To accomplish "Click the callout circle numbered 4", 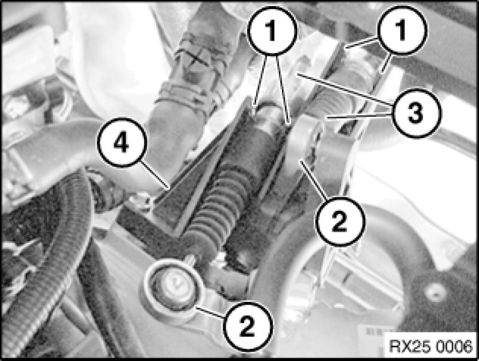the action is (x=122, y=142).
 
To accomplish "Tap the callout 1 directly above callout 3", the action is (x=402, y=30).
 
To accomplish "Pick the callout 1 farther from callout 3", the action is (x=272, y=31).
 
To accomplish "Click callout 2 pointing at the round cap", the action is (x=247, y=326).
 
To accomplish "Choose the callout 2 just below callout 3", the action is (x=340, y=221).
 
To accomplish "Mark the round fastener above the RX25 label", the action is (x=435, y=289).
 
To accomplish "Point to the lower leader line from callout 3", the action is (x=359, y=116).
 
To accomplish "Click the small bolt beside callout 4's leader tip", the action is (x=141, y=199).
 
